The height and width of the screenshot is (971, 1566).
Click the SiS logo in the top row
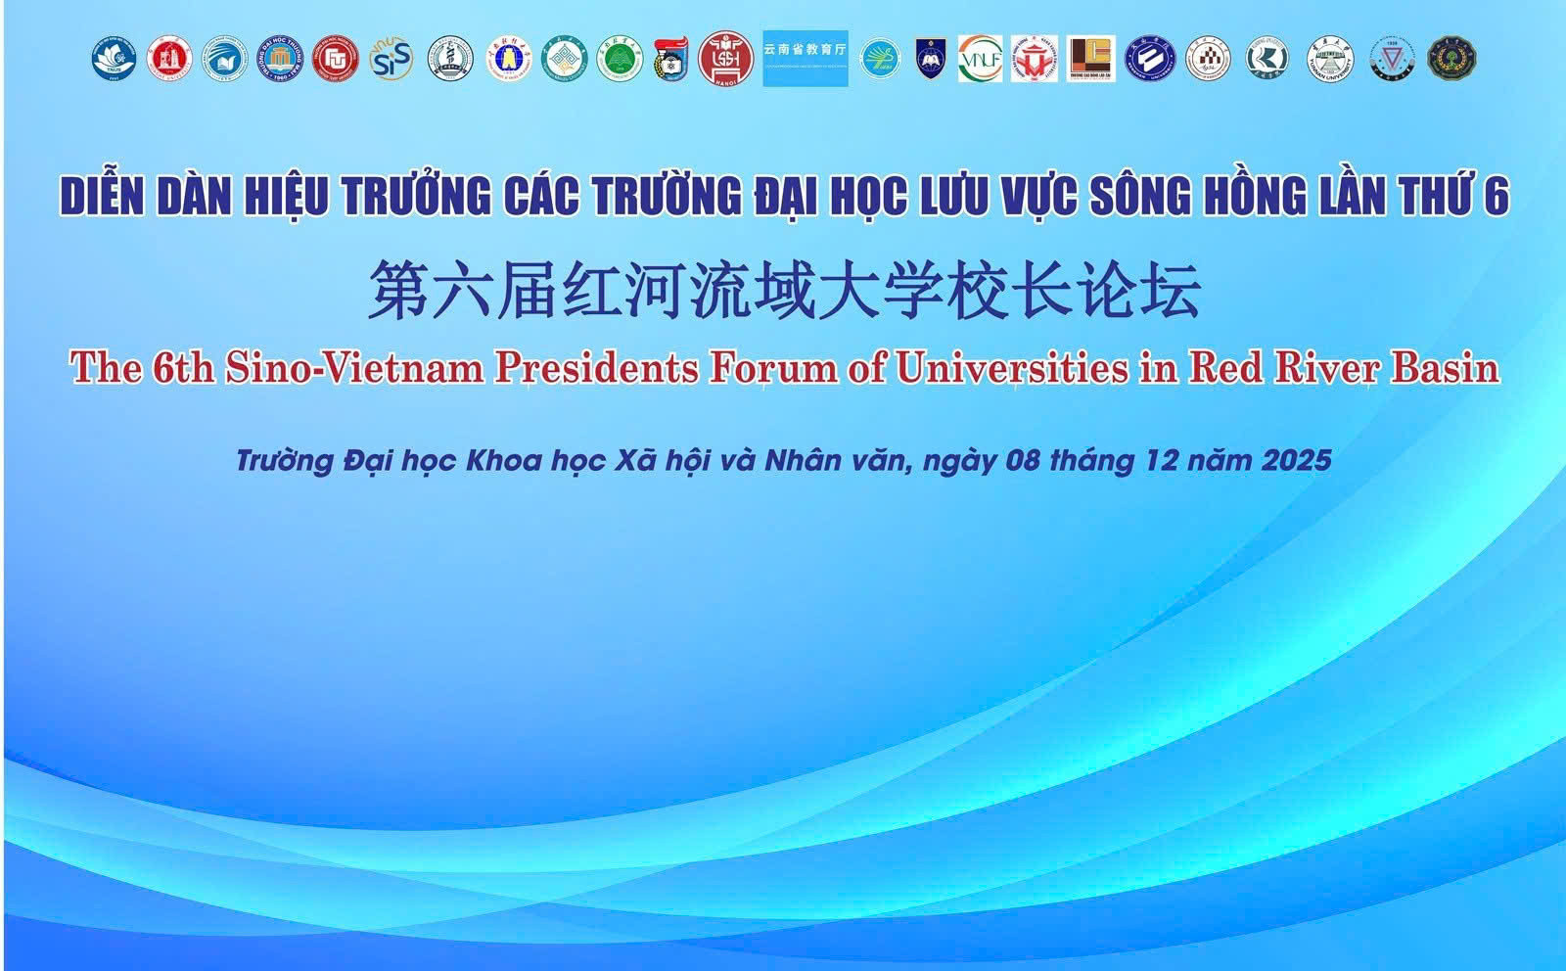tap(391, 59)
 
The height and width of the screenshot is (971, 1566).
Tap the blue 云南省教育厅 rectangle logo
tap(805, 58)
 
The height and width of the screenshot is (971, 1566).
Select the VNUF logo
tap(980, 59)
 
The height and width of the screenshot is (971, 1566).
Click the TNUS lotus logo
tap(113, 59)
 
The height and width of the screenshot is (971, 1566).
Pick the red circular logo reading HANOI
tap(725, 59)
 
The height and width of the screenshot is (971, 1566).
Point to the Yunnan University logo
tap(1331, 59)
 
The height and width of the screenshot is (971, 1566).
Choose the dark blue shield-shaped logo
tap(930, 59)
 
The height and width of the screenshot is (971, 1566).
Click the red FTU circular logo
tap(336, 59)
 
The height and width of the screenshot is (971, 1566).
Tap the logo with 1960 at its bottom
tap(280, 59)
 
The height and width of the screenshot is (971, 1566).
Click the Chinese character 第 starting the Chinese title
tap(397, 291)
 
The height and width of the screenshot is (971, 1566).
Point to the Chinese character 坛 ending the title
tap(1171, 291)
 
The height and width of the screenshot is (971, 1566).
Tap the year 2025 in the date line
tap(1296, 460)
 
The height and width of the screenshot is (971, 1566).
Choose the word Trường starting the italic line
tap(285, 460)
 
